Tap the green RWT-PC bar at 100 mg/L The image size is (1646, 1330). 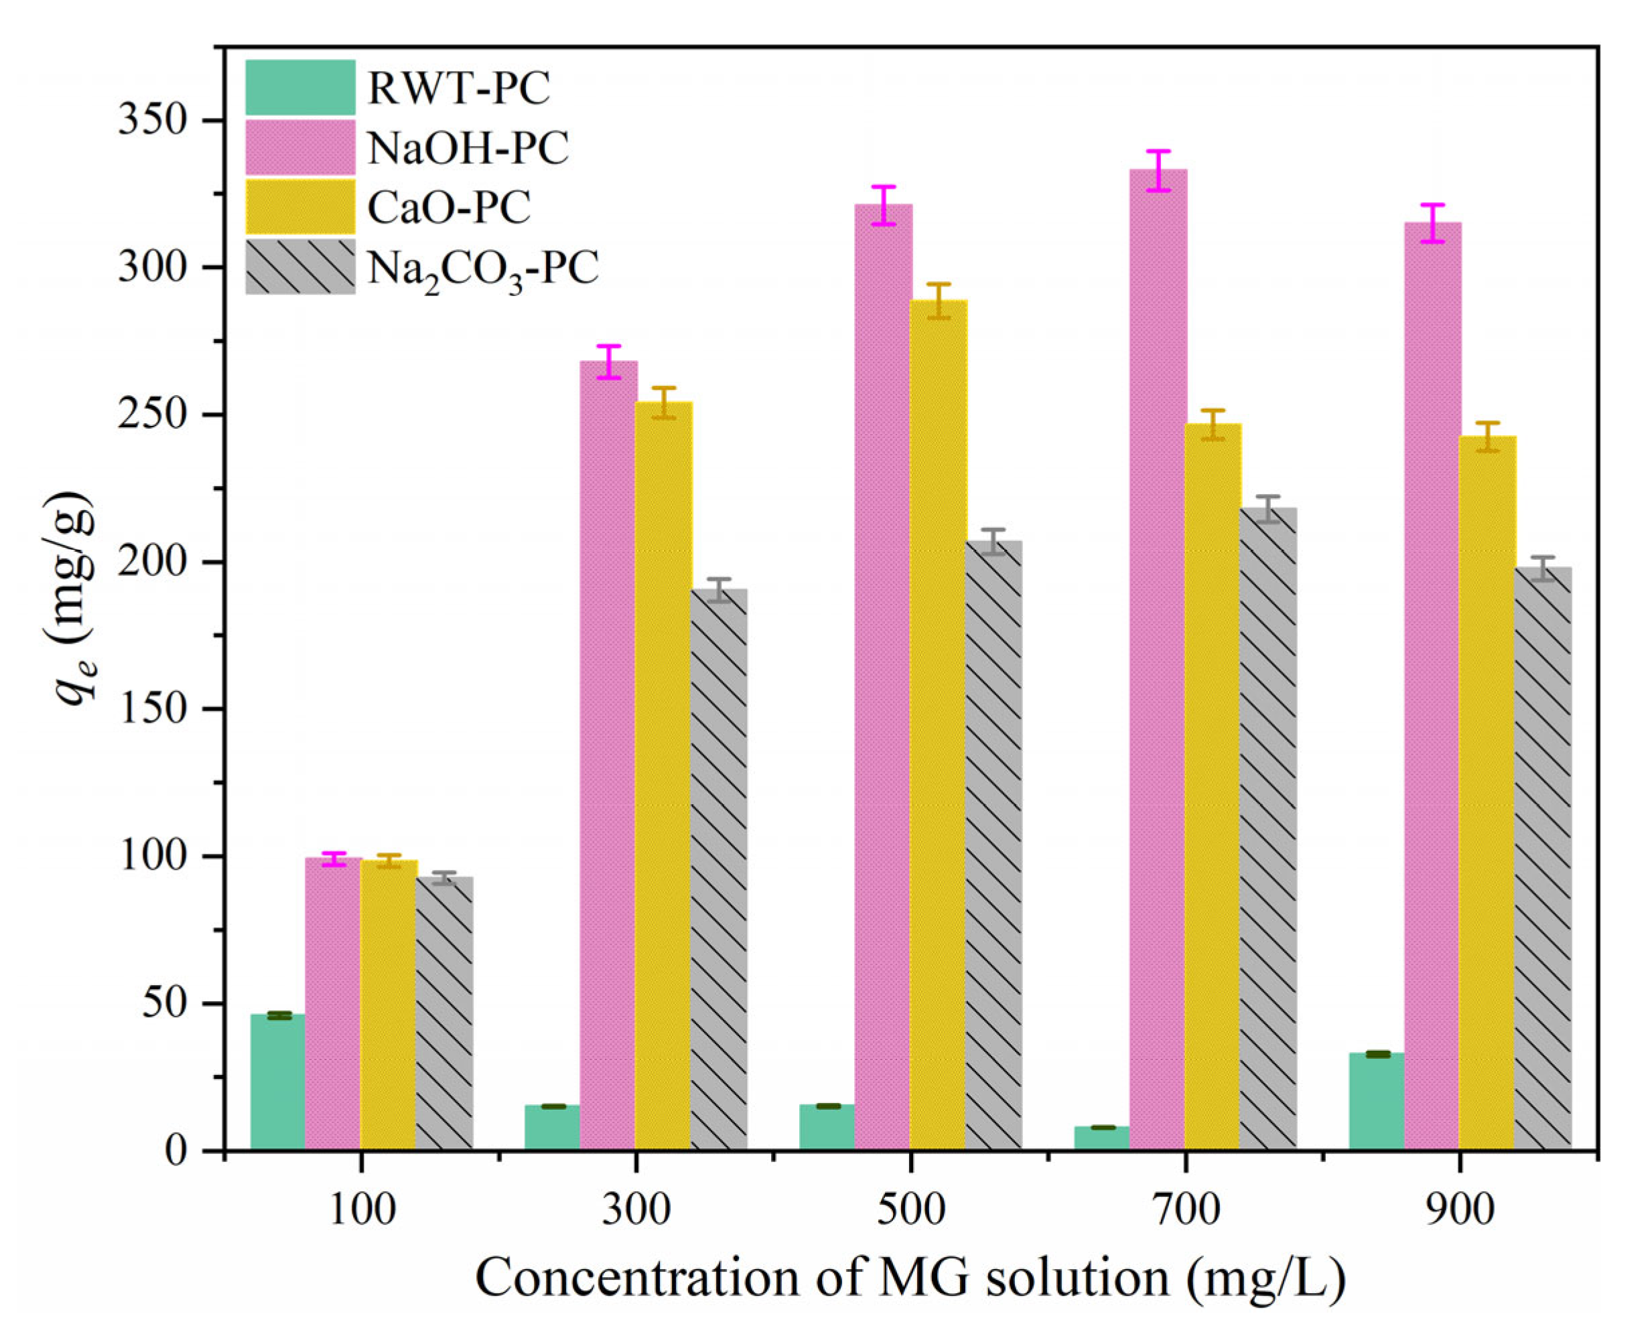(277, 1082)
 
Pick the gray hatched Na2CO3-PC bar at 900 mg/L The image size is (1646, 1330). (1544, 858)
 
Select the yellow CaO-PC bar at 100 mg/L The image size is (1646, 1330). (389, 1004)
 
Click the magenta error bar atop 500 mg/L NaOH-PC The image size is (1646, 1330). (884, 206)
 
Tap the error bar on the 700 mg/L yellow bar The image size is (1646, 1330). (1213, 425)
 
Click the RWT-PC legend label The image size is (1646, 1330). (458, 88)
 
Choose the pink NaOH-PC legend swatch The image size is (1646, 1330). (299, 147)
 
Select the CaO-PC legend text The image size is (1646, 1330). (448, 208)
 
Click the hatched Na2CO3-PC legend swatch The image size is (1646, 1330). (299, 267)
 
